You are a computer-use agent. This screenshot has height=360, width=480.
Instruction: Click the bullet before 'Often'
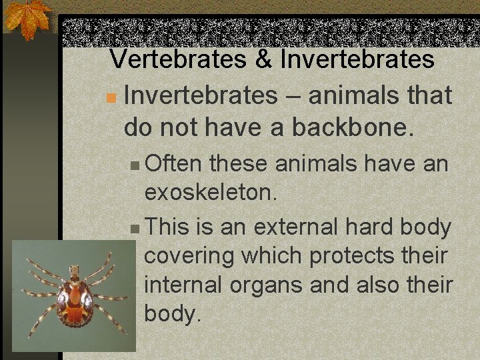pyautogui.click(x=135, y=165)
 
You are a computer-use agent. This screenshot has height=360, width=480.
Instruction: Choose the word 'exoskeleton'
pyautogui.click(x=209, y=193)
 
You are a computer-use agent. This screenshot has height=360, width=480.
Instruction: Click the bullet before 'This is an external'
pyautogui.click(x=135, y=228)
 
